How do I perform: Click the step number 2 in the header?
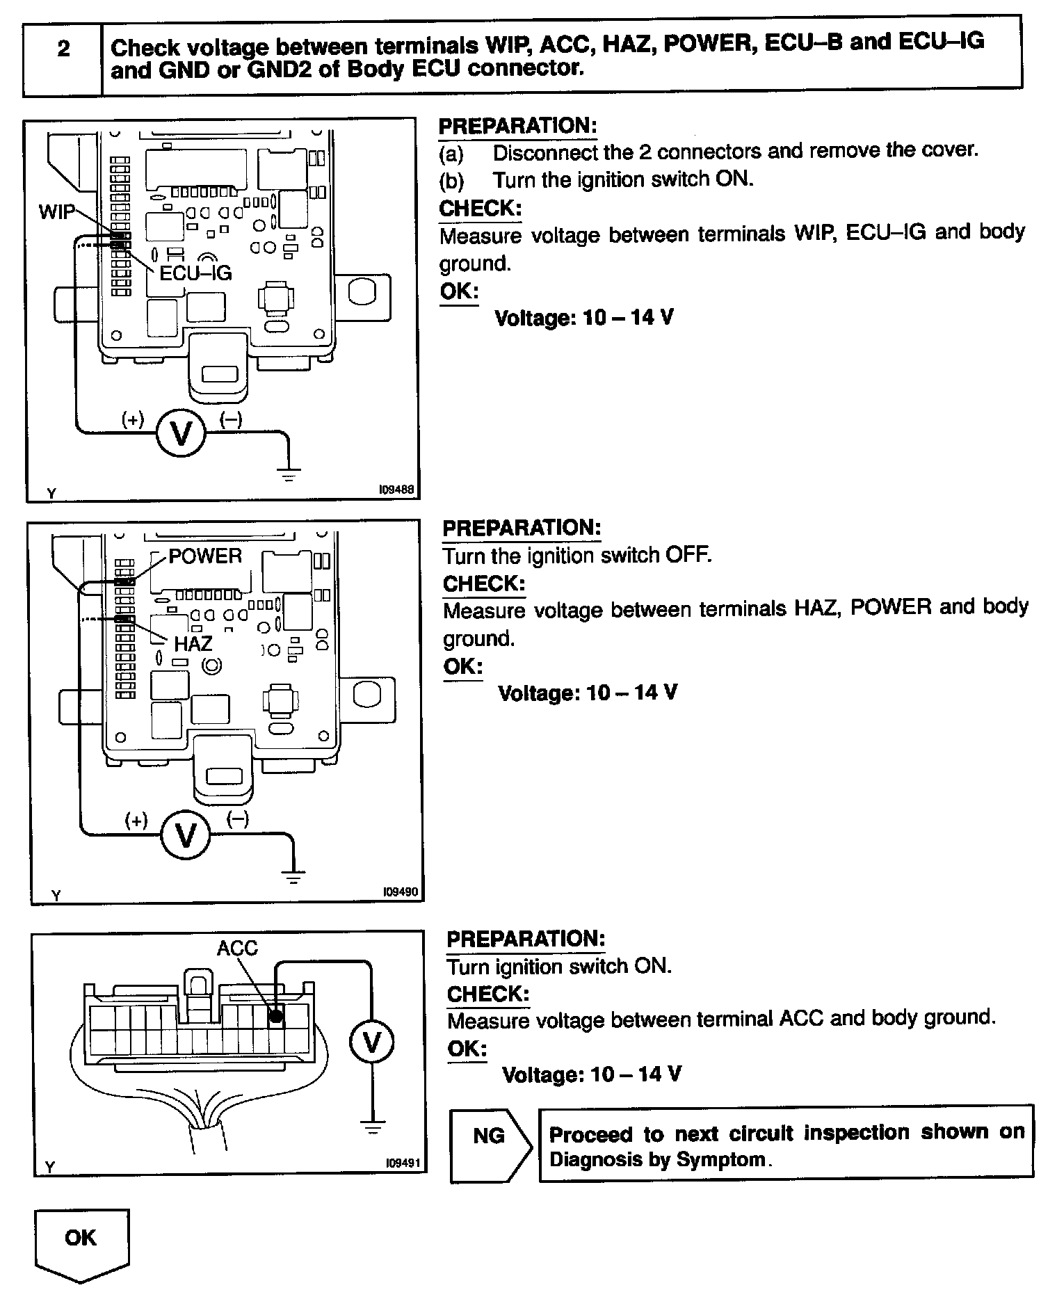pyautogui.click(x=63, y=49)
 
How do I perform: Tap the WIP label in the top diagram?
pyautogui.click(x=56, y=211)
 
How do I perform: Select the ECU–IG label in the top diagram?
pyautogui.click(x=195, y=273)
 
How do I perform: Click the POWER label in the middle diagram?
pyautogui.click(x=205, y=556)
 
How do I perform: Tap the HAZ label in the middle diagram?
pyautogui.click(x=193, y=644)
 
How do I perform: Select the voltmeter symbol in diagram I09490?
pyautogui.click(x=186, y=835)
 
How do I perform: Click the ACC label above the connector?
pyautogui.click(x=237, y=948)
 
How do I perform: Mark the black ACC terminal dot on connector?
pyautogui.click(x=276, y=1017)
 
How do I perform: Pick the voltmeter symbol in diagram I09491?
pyautogui.click(x=372, y=1042)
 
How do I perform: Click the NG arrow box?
pyautogui.click(x=490, y=1136)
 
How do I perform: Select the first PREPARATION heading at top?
pyautogui.click(x=517, y=127)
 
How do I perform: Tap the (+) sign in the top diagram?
pyautogui.click(x=132, y=419)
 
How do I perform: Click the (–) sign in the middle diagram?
pyautogui.click(x=238, y=819)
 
